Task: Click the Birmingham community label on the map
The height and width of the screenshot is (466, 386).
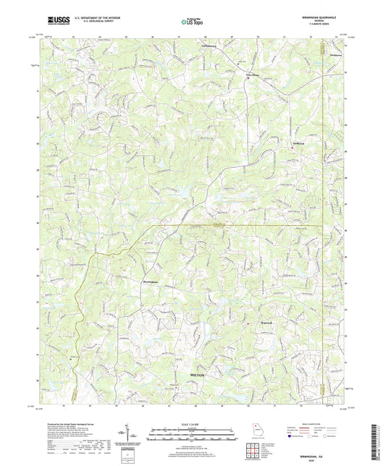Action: point(145,276)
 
